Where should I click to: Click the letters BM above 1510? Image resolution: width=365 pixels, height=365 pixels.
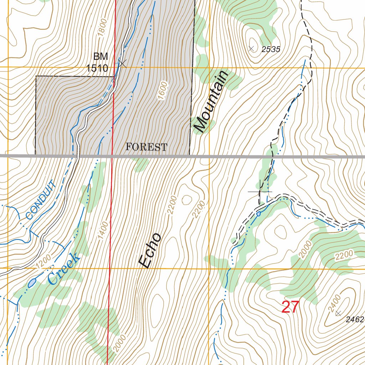point(100,56)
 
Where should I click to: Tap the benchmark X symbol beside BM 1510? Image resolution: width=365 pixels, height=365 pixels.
point(122,63)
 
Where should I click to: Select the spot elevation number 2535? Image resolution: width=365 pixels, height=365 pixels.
point(271,50)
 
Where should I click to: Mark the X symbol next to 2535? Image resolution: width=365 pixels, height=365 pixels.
point(251,48)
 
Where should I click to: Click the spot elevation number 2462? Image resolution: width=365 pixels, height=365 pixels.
point(355,320)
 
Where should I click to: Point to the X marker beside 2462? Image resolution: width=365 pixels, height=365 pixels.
point(338,313)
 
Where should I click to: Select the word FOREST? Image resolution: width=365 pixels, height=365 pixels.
point(146,147)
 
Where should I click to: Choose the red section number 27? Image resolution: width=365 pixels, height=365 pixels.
point(289,307)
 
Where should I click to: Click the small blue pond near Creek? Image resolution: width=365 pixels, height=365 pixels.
point(32,283)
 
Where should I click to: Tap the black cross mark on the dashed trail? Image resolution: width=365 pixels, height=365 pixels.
point(260,192)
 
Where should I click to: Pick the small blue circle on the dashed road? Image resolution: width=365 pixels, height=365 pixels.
point(258,214)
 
